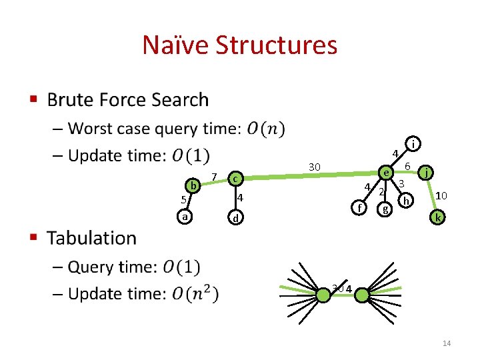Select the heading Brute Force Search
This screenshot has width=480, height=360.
(x=127, y=100)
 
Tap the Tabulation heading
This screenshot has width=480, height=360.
(x=91, y=237)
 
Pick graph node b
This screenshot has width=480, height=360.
(x=193, y=185)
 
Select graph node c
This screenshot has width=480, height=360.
(x=234, y=178)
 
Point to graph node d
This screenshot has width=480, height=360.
(x=234, y=218)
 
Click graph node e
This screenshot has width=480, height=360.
(x=386, y=172)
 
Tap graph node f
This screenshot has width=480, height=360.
(x=359, y=207)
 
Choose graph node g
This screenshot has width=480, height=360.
(x=385, y=209)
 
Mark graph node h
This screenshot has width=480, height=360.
(x=406, y=200)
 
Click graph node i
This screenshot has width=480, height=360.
(x=414, y=143)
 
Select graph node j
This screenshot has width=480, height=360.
(x=427, y=172)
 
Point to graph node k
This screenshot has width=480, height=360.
(x=437, y=217)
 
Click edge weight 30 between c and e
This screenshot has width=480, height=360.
(x=315, y=166)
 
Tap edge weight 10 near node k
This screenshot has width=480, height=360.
(x=441, y=195)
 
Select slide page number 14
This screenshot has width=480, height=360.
(x=447, y=343)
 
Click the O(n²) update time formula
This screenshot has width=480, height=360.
(x=195, y=293)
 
